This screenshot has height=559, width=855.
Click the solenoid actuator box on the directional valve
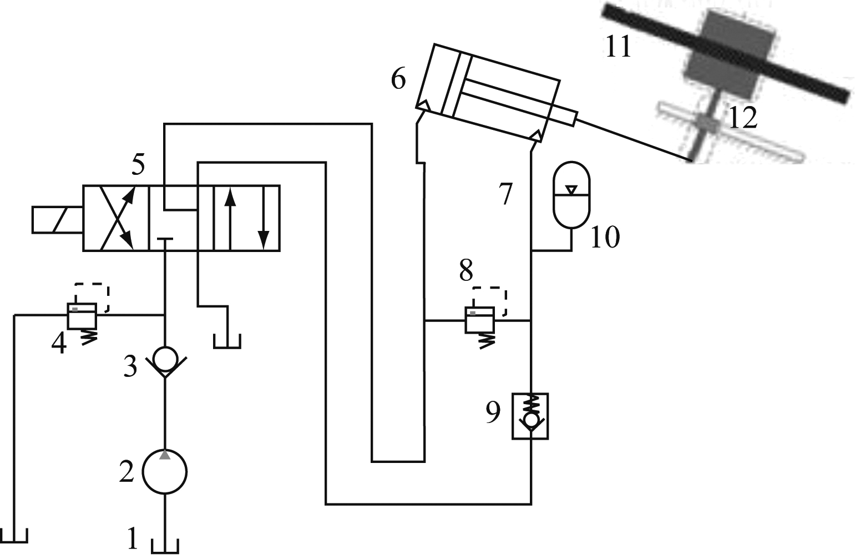coord(57,219)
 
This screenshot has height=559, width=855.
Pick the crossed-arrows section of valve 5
coord(116,218)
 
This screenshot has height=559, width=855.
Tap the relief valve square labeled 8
coord(479,321)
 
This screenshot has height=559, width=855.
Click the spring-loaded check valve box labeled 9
coord(530,416)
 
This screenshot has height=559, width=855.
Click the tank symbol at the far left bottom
coord(14,536)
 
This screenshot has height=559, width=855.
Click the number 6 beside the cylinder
coord(398,80)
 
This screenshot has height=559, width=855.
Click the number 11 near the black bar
coord(618,48)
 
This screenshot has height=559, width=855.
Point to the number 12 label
coord(742,118)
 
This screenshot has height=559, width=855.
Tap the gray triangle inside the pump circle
coord(165,455)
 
